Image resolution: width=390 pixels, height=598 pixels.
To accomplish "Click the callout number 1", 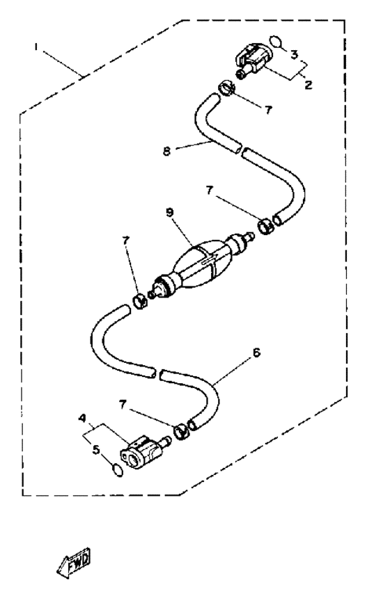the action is [x=36, y=47].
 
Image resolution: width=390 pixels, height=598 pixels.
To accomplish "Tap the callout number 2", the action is [x=309, y=84].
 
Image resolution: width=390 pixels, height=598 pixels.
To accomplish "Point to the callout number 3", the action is [x=294, y=54].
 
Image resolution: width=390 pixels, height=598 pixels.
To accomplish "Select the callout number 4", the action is [x=81, y=418].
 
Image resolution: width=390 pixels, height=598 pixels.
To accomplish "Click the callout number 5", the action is [x=96, y=450].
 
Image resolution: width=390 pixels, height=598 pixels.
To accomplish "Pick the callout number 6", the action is [x=256, y=353].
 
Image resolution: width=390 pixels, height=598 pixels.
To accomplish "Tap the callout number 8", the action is [x=166, y=151].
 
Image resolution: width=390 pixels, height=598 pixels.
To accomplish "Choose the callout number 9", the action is [x=170, y=212].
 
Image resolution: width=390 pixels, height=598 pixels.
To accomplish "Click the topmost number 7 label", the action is [x=269, y=110].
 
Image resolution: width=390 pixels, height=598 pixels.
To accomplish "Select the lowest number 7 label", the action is [x=123, y=405].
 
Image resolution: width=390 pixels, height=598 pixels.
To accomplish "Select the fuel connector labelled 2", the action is [x=253, y=61].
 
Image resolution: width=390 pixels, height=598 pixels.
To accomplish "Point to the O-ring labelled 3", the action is [x=276, y=41].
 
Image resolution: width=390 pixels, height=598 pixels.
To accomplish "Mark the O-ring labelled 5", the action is [x=118, y=470].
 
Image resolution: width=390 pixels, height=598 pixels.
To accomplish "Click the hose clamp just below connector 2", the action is [x=226, y=88].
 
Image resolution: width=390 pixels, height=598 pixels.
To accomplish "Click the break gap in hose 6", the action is [x=158, y=373].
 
